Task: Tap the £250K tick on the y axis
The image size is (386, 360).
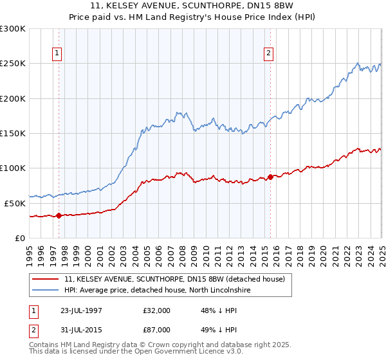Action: click(x=13, y=64)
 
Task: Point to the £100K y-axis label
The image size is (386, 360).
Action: click(x=13, y=168)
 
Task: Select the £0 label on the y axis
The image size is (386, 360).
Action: click(x=21, y=238)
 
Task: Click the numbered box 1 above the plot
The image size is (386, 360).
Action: click(x=57, y=53)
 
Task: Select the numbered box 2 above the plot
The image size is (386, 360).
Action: click(x=268, y=53)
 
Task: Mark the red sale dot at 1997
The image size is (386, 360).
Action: click(x=59, y=215)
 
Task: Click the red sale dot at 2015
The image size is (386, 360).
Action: click(x=270, y=177)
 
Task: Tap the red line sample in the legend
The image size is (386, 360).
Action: click(x=46, y=278)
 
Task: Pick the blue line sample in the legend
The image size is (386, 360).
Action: click(x=46, y=290)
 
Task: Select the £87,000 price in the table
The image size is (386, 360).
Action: click(x=157, y=332)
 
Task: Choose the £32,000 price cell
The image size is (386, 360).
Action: click(x=157, y=310)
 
